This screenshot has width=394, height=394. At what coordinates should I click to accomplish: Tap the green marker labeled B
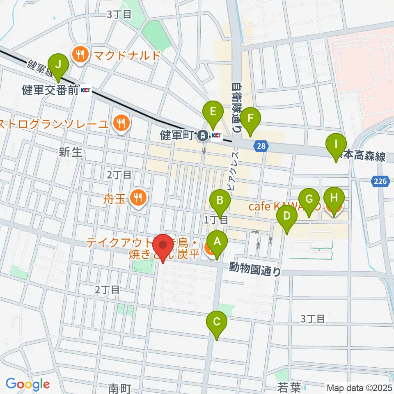pos(220,201)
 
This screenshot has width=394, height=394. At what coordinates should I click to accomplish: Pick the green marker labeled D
pos(287,217)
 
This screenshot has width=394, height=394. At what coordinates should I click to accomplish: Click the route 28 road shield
pos(263,146)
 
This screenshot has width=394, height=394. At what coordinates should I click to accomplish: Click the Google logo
pos(28,384)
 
